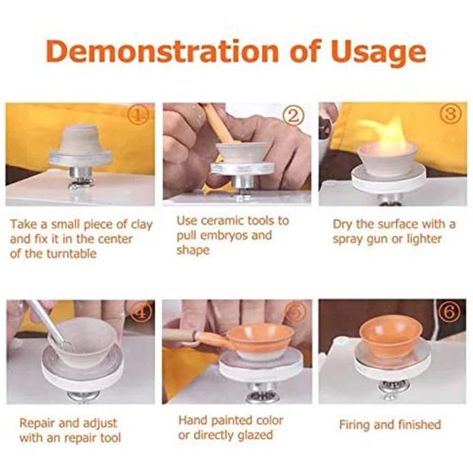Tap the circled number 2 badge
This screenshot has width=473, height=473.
pos(293,116)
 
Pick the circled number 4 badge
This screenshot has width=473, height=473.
pos(140,312)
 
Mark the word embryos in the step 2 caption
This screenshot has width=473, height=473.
pos(234,235)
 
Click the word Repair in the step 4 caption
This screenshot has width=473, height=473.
pos(38,423)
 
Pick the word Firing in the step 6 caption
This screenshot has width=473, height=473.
pos(355,425)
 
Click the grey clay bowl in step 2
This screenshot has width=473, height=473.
pos(242,153)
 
